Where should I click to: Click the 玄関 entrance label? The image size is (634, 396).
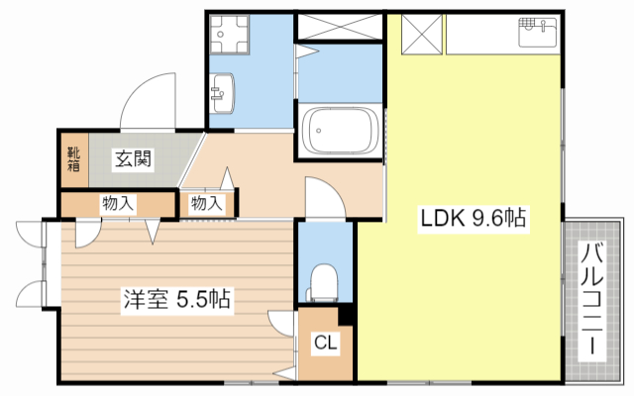click(x=131, y=157)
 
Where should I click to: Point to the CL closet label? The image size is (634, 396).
click(x=325, y=344)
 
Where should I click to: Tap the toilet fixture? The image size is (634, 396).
click(x=323, y=280)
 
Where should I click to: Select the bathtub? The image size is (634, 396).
click(x=340, y=131)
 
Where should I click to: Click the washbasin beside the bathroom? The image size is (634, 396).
click(x=222, y=93)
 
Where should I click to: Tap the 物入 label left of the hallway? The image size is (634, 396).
click(x=117, y=203)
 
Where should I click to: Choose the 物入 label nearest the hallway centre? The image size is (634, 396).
click(x=206, y=203)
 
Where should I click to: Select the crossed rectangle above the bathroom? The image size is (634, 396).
click(x=339, y=27)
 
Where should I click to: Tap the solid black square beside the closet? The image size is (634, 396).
click(x=346, y=316)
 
